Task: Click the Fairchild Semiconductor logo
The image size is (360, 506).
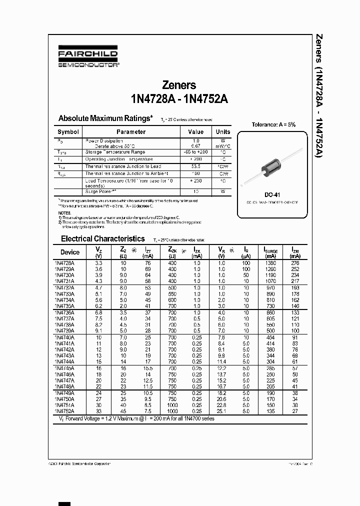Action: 88,58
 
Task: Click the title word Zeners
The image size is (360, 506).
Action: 179,85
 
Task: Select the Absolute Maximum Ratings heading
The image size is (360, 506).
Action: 105,118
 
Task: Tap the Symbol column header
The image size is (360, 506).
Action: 68,132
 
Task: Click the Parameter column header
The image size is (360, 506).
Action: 131,132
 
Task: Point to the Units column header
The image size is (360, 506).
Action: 223,132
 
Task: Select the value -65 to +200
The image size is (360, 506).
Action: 195,152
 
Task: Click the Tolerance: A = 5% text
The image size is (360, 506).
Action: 273,124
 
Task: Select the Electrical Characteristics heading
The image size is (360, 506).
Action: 102,239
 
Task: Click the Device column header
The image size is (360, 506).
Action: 70,252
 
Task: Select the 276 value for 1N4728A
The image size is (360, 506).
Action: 295,262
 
